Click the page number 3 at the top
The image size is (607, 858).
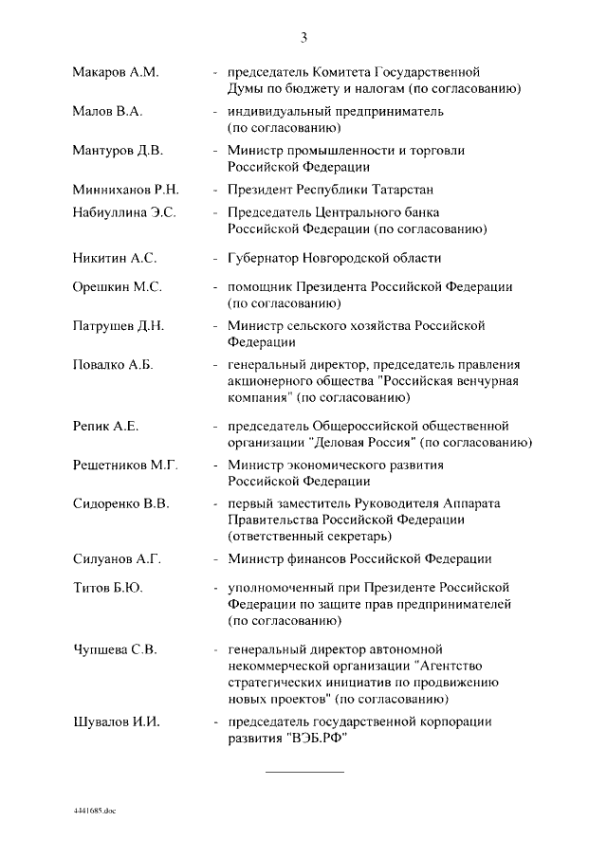(303, 38)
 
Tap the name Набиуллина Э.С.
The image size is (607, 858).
(124, 212)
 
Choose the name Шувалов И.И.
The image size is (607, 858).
(116, 722)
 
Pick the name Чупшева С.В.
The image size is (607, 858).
(115, 650)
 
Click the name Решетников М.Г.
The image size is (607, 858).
(126, 466)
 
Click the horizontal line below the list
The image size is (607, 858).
(303, 772)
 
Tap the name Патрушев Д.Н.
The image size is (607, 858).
(119, 325)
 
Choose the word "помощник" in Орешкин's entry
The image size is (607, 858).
(256, 286)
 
